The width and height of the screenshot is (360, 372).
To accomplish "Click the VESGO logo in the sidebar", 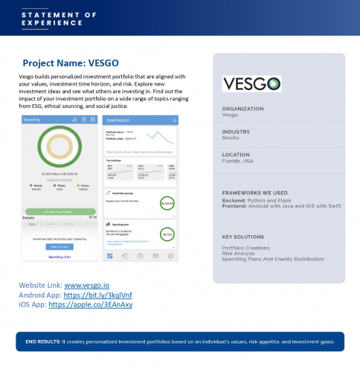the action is coord(251,83).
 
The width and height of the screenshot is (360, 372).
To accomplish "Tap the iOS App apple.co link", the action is coord(89,304).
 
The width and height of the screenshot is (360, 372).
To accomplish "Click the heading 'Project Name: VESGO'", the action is coord(71,64).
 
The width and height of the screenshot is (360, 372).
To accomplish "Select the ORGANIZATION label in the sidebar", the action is coord(242,109).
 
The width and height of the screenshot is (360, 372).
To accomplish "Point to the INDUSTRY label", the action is coord(237,131).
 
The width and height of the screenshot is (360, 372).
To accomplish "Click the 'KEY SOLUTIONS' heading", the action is coord(245,237).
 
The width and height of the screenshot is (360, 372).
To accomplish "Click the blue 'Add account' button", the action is coord(60,246).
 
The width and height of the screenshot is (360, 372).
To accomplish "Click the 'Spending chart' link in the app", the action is coord(60,257).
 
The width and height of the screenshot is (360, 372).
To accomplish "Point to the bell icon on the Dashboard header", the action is coord(174,120).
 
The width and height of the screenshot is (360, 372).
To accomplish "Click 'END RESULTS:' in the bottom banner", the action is coord(42,341).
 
